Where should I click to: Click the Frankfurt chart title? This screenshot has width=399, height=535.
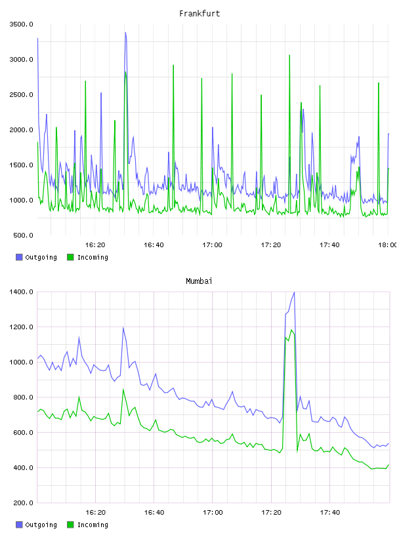coord(199,14)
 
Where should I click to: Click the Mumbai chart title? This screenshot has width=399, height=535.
coord(199,281)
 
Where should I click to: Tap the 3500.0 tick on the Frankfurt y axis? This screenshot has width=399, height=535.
coord(21,24)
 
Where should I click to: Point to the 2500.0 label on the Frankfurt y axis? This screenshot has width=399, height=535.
coord(21,94)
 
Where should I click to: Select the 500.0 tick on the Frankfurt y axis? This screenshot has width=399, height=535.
coord(23,235)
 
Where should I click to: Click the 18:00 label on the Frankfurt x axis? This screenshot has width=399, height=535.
coord(388,245)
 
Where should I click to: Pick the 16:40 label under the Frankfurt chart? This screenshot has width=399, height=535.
coord(154,245)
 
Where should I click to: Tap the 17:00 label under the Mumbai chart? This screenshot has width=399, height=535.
coord(213,512)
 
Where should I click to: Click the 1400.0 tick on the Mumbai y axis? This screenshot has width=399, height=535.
coord(21,292)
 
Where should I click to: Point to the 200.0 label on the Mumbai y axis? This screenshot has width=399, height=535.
coord(23,503)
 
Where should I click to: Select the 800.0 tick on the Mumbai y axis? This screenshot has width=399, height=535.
coord(23,397)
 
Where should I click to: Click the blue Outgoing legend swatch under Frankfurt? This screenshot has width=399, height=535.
coord(19,257)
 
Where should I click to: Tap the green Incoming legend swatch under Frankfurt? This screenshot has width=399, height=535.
coord(70,257)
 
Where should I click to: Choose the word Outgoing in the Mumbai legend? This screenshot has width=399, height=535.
coord(41,525)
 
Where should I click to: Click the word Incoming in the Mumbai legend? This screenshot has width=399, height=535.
coord(93,525)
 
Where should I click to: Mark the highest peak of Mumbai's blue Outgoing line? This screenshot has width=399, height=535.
coord(294,292)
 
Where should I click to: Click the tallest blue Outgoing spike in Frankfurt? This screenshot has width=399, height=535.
coord(126,33)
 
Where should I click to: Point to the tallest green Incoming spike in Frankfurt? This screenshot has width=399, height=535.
coord(289,55)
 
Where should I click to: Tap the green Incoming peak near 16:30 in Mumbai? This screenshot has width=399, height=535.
coord(123,389)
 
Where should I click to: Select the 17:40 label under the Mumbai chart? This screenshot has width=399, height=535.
coord(330,512)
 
